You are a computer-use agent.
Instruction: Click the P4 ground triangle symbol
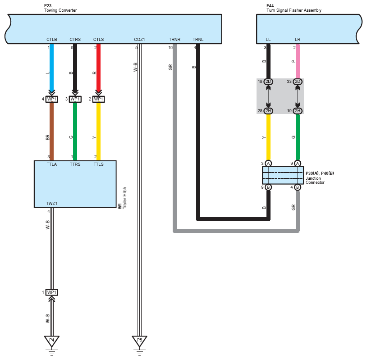point(52,341)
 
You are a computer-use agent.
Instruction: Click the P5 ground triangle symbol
point(139,341)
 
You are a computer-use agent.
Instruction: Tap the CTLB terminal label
point(52,40)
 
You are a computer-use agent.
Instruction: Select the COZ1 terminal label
point(139,40)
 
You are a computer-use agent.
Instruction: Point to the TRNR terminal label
point(174,40)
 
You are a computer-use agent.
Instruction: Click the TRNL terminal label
point(198,40)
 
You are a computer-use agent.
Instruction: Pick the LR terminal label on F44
point(298,40)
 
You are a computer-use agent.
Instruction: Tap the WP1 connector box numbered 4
point(52,99)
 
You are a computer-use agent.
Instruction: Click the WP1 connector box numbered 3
point(75,99)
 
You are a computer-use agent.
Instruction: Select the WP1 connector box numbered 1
point(52,292)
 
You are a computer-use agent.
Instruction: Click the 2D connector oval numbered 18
point(268,82)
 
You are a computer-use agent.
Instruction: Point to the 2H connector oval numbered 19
point(298,111)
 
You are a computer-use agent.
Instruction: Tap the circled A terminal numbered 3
point(268,163)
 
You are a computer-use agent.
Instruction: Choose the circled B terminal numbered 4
point(298,187)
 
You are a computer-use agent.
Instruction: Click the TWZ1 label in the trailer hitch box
point(52,204)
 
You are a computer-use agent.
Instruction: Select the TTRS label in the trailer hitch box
point(75,164)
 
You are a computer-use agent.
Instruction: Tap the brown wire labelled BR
point(52,132)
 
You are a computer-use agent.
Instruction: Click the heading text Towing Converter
point(60,10)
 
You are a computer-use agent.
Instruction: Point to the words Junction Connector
point(315,180)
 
